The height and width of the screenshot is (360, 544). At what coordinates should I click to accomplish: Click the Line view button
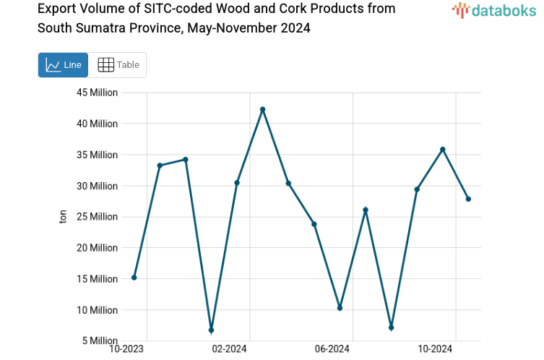(x=63, y=65)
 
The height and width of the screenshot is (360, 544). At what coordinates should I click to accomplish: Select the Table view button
(x=118, y=65)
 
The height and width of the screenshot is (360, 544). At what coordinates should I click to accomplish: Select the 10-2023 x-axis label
(x=126, y=349)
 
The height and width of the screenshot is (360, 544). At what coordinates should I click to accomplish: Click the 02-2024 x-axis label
(x=229, y=349)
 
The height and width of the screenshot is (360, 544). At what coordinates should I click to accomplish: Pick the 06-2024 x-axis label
(x=332, y=349)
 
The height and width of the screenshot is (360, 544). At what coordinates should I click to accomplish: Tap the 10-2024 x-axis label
(x=436, y=349)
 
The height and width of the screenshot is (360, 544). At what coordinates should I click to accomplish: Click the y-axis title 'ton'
(x=63, y=217)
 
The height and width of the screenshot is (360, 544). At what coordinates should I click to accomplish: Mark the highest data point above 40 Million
(x=263, y=109)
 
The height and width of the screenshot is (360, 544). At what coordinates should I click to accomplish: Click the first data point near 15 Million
(x=134, y=278)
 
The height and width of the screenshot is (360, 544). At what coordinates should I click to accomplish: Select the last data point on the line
(x=468, y=199)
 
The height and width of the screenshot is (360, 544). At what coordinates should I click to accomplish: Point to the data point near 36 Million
(x=443, y=150)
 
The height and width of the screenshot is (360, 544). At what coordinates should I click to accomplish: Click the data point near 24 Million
(x=314, y=224)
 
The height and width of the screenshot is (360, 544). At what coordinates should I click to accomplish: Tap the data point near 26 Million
(x=366, y=210)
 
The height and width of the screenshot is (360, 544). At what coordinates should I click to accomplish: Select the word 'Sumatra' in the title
(x=101, y=28)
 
